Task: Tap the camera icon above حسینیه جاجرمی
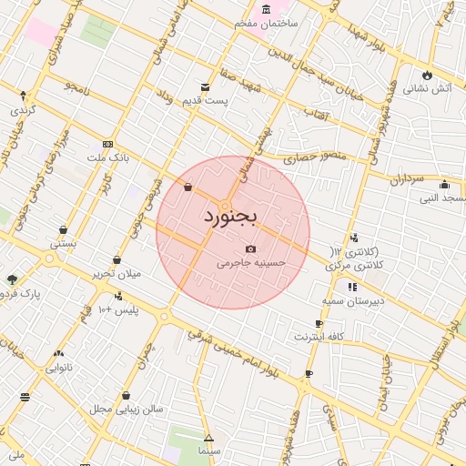(251, 248)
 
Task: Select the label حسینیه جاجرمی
(251, 262)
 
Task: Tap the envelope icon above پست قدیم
(205, 87)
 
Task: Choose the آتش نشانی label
(427, 89)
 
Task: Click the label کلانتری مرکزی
(351, 265)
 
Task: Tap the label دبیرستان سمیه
(352, 299)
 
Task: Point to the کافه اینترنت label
(318, 337)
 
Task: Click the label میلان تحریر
(116, 274)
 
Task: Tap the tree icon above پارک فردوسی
(11, 279)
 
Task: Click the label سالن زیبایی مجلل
(127, 409)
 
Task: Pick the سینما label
(208, 451)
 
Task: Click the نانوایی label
(59, 368)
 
